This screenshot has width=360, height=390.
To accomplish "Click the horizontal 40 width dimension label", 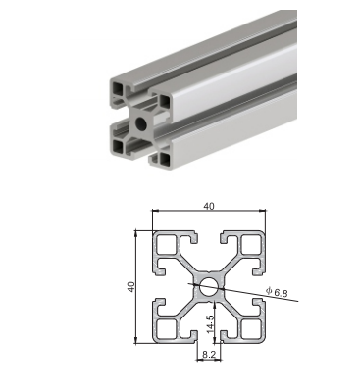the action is click(x=209, y=207).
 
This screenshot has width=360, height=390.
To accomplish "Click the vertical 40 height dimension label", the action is click(x=131, y=287).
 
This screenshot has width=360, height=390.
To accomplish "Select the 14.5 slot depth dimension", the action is click(x=211, y=323).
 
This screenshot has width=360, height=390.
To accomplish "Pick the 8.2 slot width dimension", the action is click(x=209, y=354).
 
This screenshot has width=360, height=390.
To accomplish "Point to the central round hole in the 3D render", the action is click(x=141, y=123).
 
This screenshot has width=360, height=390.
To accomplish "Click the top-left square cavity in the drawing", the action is click(x=167, y=244).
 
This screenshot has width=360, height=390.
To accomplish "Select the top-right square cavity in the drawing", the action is click(x=251, y=244).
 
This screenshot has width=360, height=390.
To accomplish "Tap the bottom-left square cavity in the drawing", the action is click(x=167, y=329).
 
